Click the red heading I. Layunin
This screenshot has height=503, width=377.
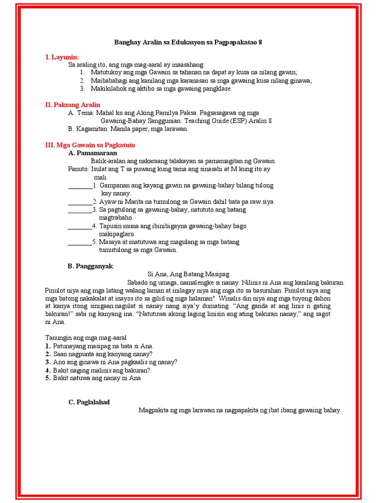coord(62,57)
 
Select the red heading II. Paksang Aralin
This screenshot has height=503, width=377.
coord(73,105)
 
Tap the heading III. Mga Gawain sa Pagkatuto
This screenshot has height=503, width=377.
coord(90,145)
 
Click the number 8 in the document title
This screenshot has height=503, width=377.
coord(260,42)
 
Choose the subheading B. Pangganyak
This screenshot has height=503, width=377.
coord(90,266)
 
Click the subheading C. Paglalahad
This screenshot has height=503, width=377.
coord(89,402)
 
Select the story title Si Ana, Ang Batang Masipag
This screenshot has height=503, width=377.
coord(188,274)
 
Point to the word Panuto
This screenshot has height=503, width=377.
coord(78,169)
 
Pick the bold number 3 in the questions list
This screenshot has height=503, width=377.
coord(48,362)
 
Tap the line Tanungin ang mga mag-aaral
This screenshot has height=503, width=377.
coord(86,338)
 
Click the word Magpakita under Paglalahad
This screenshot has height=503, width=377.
coord(154,410)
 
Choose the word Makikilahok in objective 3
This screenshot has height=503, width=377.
coord(108,89)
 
